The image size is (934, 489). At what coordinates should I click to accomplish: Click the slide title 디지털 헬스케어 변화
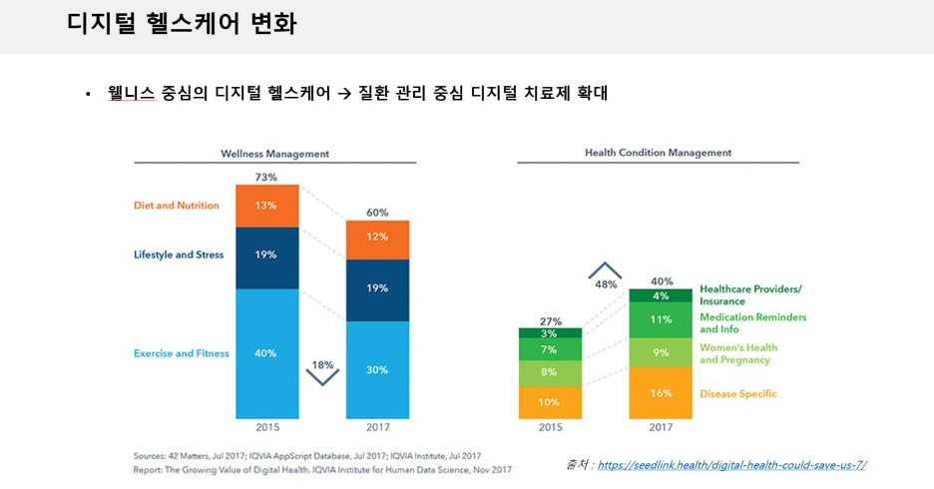182,24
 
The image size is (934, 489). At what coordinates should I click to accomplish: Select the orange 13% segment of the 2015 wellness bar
267,206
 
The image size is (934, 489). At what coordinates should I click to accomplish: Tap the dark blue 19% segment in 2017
377,289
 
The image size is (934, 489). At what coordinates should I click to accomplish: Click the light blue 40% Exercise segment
267,353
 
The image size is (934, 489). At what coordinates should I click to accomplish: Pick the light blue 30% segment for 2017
377,369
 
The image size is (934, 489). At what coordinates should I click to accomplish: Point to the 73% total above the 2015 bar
266,177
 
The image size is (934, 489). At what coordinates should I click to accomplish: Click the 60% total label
377,213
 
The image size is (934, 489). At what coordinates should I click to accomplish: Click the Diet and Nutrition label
177,206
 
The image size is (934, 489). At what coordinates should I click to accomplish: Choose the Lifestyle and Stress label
179,254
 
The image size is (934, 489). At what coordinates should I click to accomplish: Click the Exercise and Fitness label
182,353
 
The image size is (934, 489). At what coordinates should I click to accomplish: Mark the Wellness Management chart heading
274,154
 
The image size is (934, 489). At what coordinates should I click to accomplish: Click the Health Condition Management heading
658,153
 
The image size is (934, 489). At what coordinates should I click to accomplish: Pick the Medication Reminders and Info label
752,323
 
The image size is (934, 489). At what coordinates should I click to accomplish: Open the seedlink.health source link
731,464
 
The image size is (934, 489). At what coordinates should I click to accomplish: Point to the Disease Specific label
737,393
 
